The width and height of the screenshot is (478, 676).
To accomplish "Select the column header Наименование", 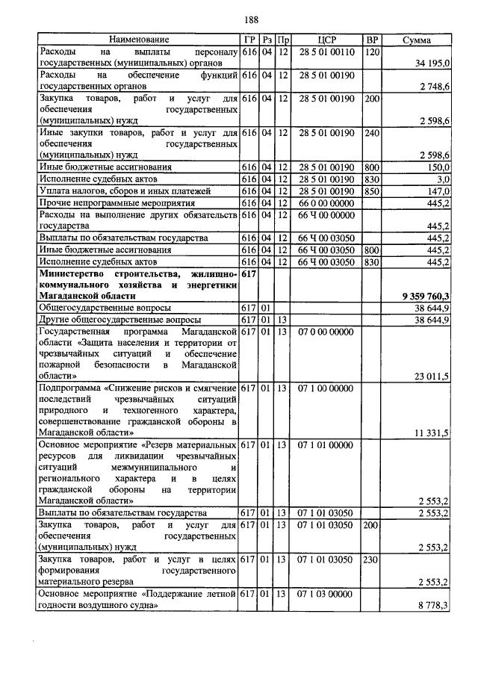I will tap(138, 39).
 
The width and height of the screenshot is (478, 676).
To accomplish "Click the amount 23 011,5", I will tap(431, 376).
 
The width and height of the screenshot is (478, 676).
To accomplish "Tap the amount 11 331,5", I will tap(431, 432).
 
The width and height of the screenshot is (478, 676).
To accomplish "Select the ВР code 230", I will tap(371, 559).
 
